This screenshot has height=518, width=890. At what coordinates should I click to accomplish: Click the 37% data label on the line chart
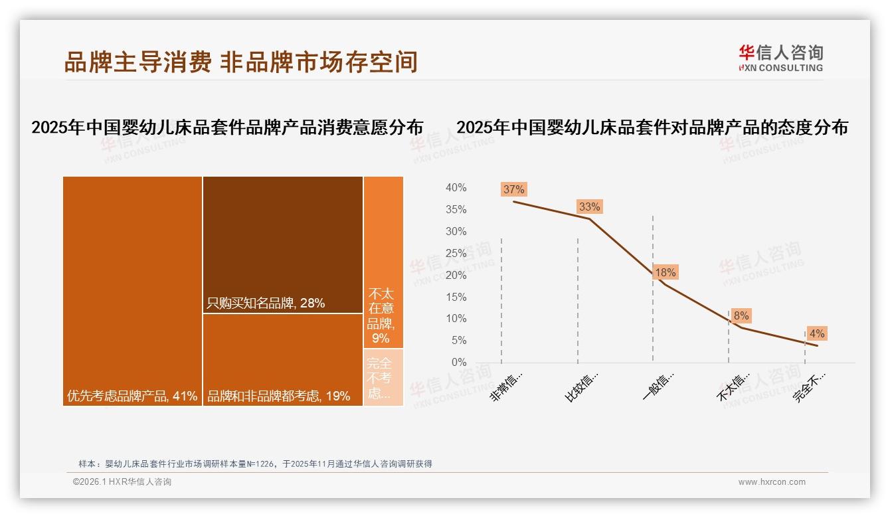pyautogui.click(x=513, y=189)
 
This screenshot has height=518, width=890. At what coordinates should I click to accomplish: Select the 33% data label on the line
pyautogui.click(x=589, y=207)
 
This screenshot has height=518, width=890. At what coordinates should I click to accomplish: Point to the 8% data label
pyautogui.click(x=741, y=316)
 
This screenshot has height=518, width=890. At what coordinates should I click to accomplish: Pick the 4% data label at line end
pyautogui.click(x=816, y=333)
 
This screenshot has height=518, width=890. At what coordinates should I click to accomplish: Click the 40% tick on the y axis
pyautogui.click(x=456, y=188)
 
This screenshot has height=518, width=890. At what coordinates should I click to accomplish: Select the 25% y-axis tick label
pyautogui.click(x=456, y=253)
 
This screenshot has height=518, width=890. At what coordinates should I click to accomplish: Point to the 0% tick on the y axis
pyautogui.click(x=458, y=362)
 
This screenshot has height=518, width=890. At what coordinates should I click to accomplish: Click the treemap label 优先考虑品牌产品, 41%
pyautogui.click(x=132, y=396)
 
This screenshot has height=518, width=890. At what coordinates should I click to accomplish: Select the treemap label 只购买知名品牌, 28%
pyautogui.click(x=266, y=303)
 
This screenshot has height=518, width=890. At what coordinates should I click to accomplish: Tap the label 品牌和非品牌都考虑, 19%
pyautogui.click(x=278, y=396)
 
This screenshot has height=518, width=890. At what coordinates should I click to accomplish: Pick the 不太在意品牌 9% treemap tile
pyautogui.click(x=383, y=262)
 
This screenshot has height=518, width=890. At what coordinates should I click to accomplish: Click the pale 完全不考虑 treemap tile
pyautogui.click(x=383, y=377)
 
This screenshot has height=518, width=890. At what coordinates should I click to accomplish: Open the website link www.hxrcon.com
pyautogui.click(x=772, y=482)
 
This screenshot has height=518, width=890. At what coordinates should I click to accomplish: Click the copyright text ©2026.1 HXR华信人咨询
pyautogui.click(x=122, y=482)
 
